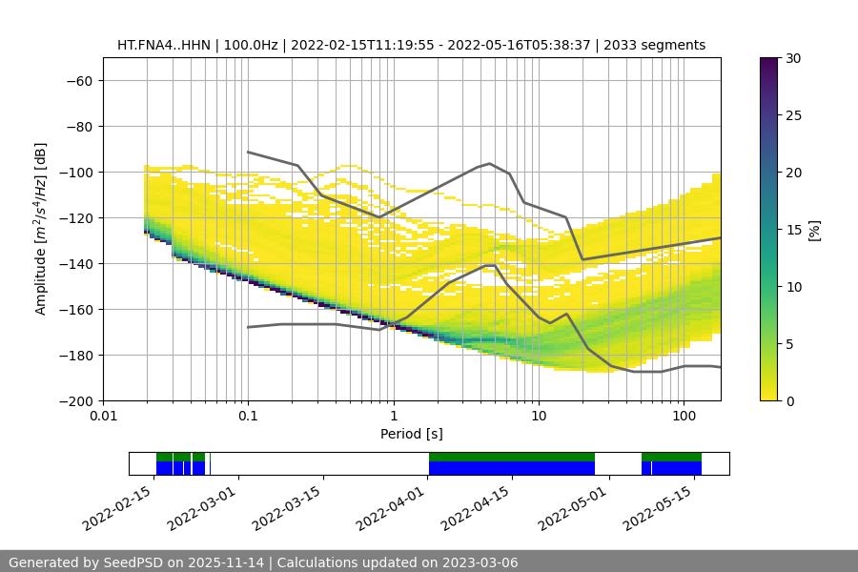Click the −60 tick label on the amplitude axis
click(78, 81)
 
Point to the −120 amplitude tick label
click(74, 218)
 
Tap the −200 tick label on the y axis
click(74, 401)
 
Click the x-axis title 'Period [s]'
click(412, 434)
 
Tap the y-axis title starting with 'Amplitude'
click(41, 229)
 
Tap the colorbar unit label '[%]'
click(814, 230)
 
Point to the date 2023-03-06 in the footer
click(479, 562)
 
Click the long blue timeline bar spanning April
click(512, 468)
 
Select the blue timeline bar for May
click(676, 468)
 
